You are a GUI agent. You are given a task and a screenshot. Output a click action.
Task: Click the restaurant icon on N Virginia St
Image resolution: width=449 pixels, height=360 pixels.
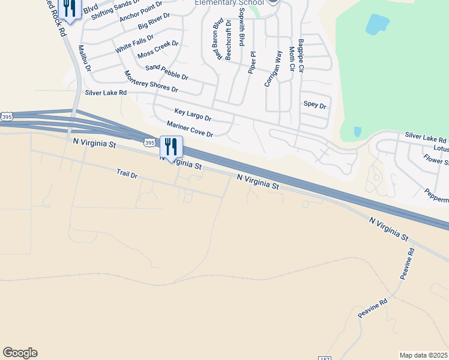171,146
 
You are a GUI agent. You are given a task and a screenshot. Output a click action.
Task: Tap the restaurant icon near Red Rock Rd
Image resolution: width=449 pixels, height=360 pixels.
70,8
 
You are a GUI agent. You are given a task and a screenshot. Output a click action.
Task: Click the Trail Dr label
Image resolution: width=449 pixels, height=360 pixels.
127,174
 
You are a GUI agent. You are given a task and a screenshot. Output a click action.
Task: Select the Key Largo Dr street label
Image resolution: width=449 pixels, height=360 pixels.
193,115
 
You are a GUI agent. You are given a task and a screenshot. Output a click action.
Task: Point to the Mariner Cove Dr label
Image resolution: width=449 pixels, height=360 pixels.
190,130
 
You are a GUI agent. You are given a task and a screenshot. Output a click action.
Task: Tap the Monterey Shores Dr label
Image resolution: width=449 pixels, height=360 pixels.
151,82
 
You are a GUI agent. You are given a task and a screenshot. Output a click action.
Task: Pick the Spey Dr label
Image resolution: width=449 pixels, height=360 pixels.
315,105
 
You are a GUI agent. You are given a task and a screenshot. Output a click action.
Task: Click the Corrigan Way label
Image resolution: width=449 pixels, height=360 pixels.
273,69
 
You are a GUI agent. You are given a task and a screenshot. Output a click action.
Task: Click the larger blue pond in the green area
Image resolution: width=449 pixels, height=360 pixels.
376,25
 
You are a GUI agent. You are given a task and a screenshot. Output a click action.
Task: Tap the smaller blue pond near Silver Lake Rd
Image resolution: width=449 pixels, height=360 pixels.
358,131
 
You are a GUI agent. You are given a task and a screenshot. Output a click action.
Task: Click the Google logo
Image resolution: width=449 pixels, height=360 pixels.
20,353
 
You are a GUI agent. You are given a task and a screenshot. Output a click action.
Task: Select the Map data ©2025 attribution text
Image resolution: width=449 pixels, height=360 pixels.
423,355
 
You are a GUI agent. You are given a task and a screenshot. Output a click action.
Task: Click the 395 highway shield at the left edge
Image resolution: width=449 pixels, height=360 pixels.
6,116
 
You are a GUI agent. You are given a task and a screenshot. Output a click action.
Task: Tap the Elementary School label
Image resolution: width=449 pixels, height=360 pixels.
229,2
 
